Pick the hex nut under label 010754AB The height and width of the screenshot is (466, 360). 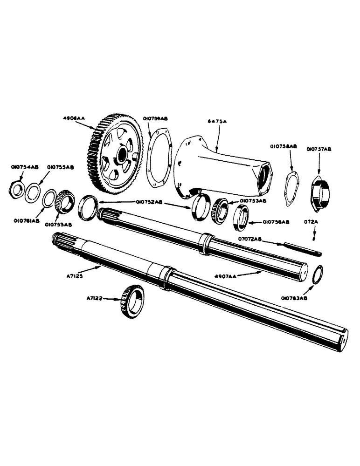18,188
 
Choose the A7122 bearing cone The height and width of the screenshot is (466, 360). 132,302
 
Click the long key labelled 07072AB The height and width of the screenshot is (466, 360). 299,247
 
